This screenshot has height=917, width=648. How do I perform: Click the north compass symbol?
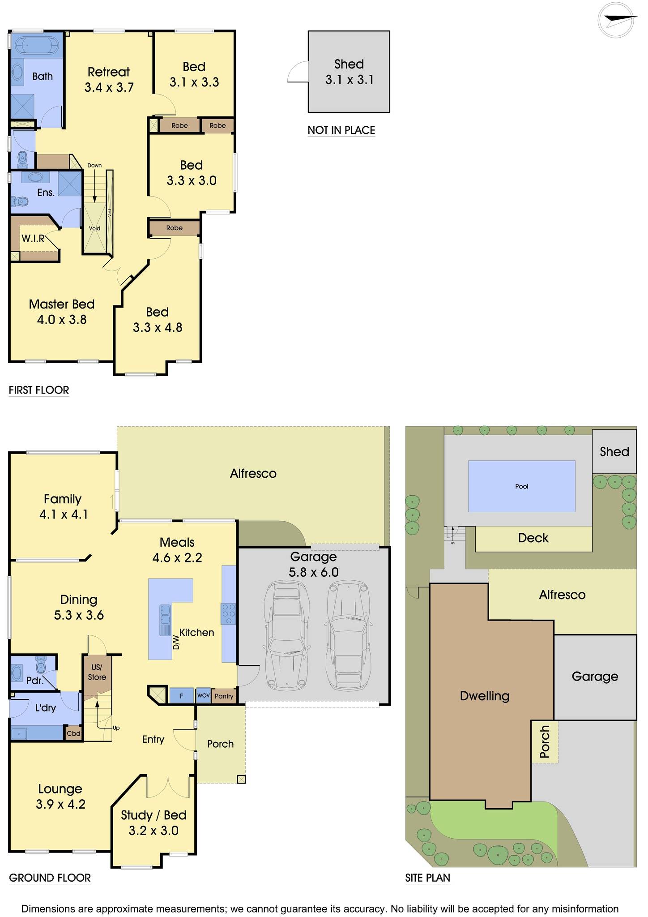tap(617, 19)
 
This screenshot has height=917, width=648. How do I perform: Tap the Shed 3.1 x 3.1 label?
tap(349, 72)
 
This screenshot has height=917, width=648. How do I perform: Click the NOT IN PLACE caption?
tap(341, 130)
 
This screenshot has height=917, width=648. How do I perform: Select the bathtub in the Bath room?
tap(37, 46)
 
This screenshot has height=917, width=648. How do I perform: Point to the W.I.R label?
tap(33, 238)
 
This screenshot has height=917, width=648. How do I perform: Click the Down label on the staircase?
tap(94, 165)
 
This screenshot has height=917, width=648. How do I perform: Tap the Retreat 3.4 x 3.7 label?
tap(109, 79)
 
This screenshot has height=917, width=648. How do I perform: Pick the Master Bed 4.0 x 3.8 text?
tap(62, 312)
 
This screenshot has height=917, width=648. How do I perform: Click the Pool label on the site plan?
tap(521, 486)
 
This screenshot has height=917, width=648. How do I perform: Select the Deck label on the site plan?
tap(533, 538)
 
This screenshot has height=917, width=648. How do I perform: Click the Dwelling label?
tap(485, 695)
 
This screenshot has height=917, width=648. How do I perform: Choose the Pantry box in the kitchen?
tap(224, 696)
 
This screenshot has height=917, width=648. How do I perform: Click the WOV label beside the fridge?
tap(203, 695)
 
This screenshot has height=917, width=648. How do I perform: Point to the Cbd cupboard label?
tap(73, 733)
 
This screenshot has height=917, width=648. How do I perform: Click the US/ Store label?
tap(97, 672)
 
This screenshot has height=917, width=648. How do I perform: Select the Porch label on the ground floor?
tap(220, 744)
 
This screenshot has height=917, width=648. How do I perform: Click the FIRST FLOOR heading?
tap(39, 390)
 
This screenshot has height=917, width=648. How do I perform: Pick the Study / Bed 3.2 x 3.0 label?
tap(153, 823)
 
